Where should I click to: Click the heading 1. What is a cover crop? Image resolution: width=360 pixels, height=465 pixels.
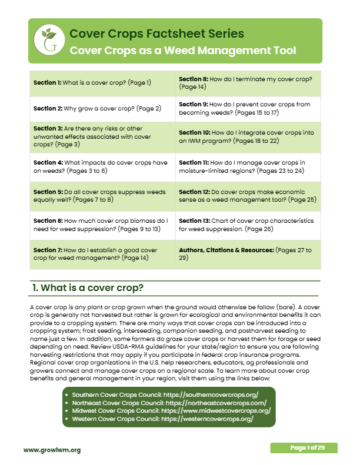[88, 288]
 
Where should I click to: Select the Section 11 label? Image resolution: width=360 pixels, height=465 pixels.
[193, 162]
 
